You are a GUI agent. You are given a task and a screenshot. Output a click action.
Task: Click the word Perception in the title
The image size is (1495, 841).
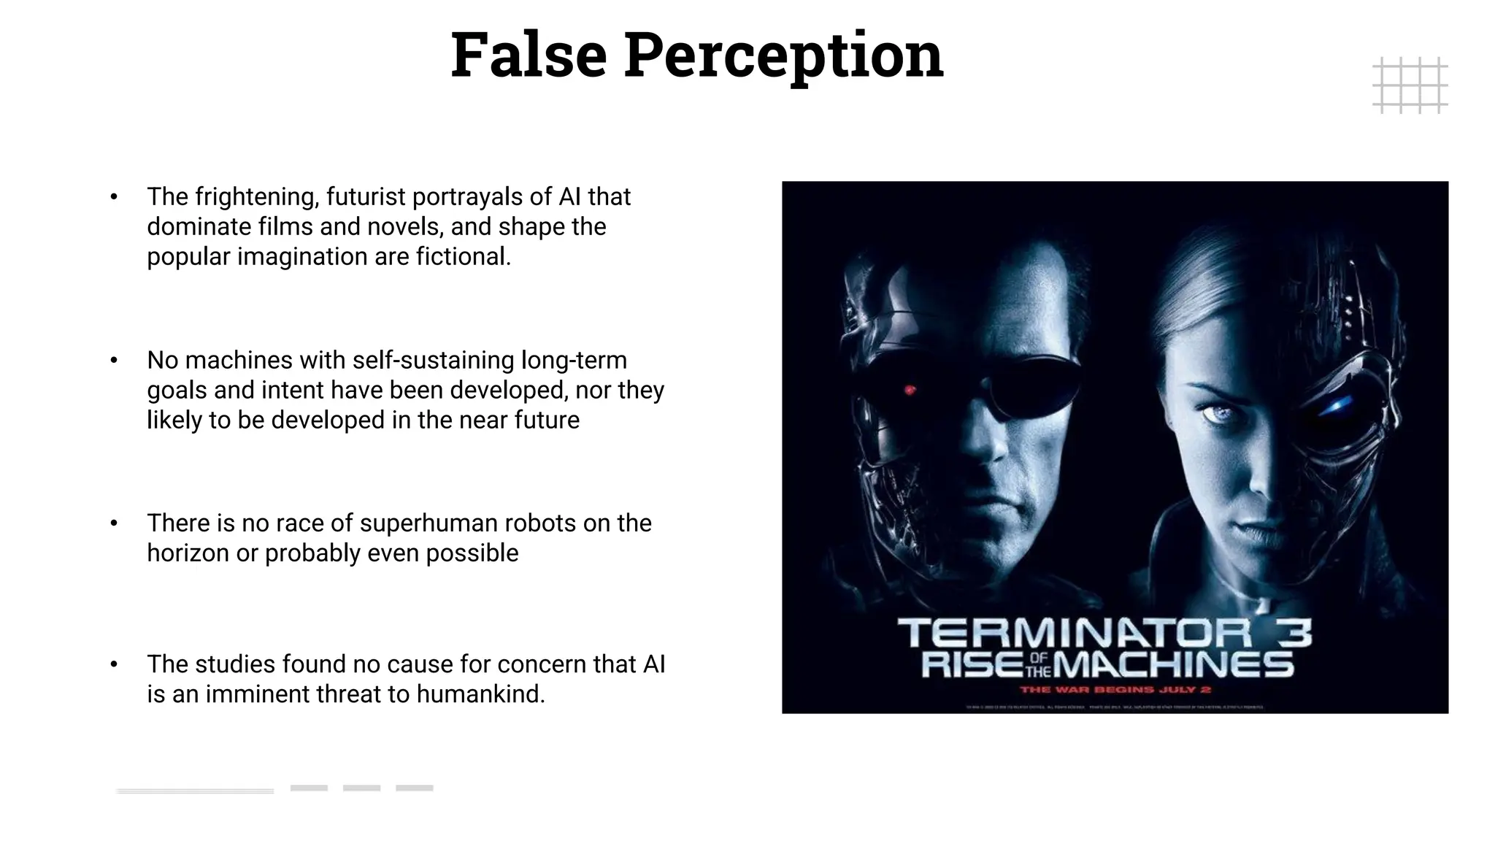click(x=783, y=57)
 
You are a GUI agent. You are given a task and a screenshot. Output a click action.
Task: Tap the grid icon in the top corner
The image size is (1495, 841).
click(x=1410, y=85)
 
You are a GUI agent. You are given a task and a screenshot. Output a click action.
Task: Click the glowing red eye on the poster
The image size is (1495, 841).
click(x=910, y=390)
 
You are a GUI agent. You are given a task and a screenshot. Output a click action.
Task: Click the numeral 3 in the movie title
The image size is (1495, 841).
click(x=1294, y=633)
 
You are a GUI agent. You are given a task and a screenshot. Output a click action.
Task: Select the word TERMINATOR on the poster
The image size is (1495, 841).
click(x=1074, y=633)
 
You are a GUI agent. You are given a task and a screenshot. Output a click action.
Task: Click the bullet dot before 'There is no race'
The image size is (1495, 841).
click(x=114, y=523)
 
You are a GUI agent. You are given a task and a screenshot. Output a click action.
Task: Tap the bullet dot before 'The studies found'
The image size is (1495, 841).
click(x=114, y=664)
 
